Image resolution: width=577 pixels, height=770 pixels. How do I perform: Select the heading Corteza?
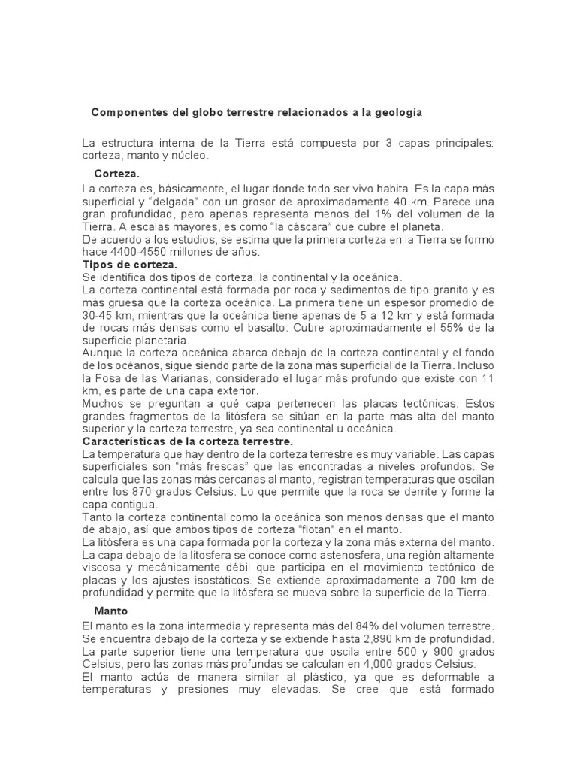(117, 174)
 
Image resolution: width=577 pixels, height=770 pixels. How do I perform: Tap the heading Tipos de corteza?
(129, 265)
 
